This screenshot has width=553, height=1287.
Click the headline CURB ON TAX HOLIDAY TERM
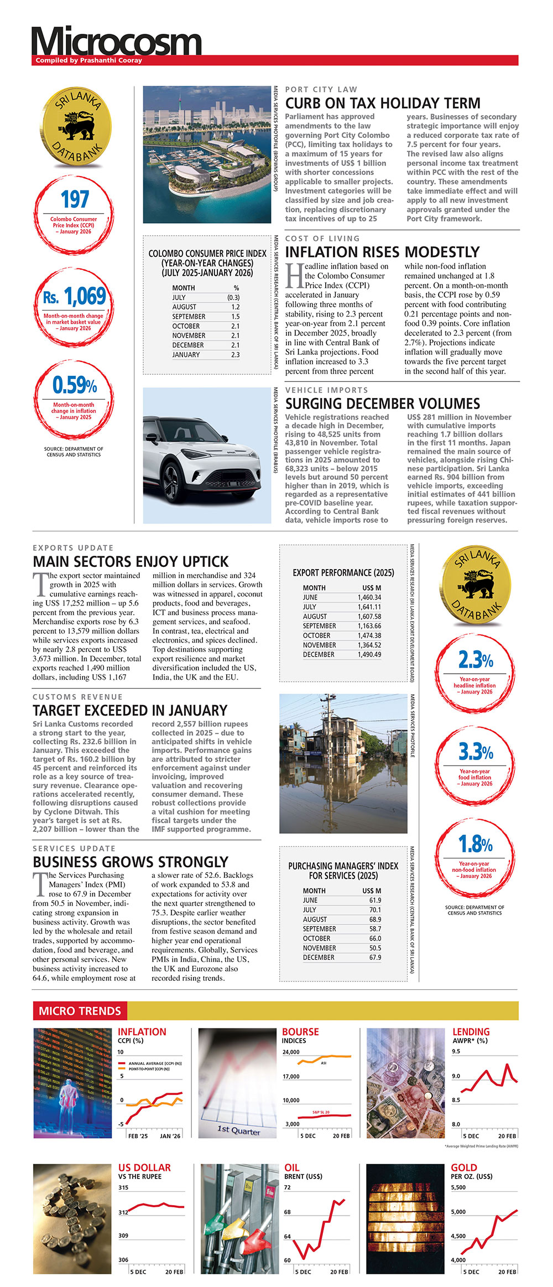[x=383, y=104]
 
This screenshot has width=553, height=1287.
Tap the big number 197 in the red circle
[x=74, y=199]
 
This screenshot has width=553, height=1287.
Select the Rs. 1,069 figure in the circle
[x=75, y=297]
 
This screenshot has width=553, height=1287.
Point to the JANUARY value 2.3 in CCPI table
[x=235, y=355]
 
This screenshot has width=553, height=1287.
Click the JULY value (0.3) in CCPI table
[x=233, y=297]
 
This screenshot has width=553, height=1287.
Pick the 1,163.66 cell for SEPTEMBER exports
[x=369, y=626]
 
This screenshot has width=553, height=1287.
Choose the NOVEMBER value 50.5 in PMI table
[x=375, y=948]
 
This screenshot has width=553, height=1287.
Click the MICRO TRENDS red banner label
[x=80, y=1011]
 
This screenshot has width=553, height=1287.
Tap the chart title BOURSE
[x=300, y=1032]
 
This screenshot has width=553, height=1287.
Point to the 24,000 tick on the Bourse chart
[x=291, y=1052]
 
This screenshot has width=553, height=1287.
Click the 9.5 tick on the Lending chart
[x=456, y=1051]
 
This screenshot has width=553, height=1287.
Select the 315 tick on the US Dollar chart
[x=123, y=1187]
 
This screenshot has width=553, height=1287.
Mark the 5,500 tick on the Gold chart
[x=458, y=1187]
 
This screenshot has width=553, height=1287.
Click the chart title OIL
[x=291, y=1168]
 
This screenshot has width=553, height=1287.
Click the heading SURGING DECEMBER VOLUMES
[x=383, y=404]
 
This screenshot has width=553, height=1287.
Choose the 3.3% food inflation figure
[x=475, y=752]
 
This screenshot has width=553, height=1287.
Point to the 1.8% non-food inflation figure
[x=475, y=845]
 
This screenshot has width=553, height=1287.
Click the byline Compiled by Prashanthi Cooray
[x=88, y=60]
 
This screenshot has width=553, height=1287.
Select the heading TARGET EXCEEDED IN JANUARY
[x=130, y=711]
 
